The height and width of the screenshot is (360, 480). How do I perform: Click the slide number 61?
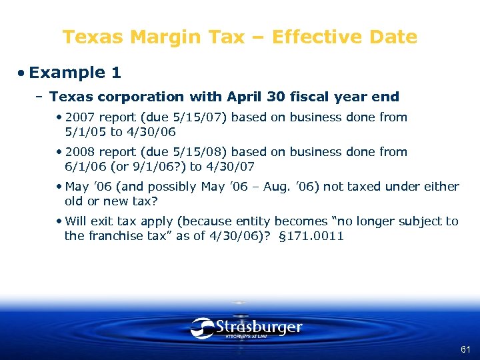pos(465,349)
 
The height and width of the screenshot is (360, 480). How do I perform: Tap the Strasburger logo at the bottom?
pos(246,328)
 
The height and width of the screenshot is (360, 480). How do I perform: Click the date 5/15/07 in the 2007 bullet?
pos(202,117)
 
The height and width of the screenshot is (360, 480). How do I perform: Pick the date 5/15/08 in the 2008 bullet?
pos(202,152)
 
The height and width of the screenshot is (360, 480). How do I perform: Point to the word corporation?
pos(140,97)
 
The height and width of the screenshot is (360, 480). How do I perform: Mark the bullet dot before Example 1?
pos(22,73)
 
